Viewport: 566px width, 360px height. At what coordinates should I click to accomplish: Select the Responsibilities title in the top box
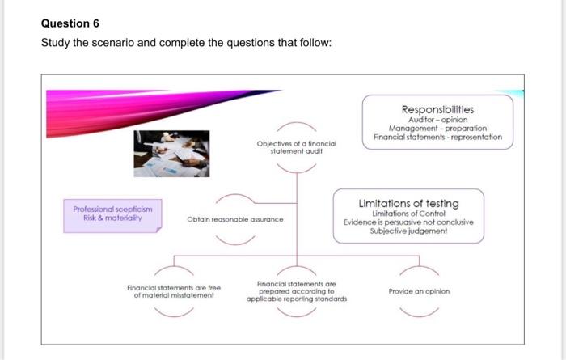(x=437, y=108)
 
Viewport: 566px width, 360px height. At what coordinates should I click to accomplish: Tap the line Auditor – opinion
(x=437, y=120)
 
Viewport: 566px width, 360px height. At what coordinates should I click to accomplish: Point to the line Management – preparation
(x=437, y=129)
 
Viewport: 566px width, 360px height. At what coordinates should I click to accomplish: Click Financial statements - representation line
(x=437, y=138)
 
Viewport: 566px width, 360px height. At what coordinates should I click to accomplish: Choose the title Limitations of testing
(x=408, y=204)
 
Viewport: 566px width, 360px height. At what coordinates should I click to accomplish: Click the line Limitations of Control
(x=408, y=214)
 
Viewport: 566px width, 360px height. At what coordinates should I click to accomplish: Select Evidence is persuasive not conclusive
(x=408, y=222)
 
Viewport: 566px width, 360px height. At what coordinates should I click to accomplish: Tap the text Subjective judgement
(x=408, y=231)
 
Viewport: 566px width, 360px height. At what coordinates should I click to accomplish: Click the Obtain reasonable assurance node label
(x=234, y=218)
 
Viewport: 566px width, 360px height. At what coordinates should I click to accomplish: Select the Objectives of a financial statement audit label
(x=296, y=146)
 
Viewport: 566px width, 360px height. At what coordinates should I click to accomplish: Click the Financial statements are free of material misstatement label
(x=175, y=291)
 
